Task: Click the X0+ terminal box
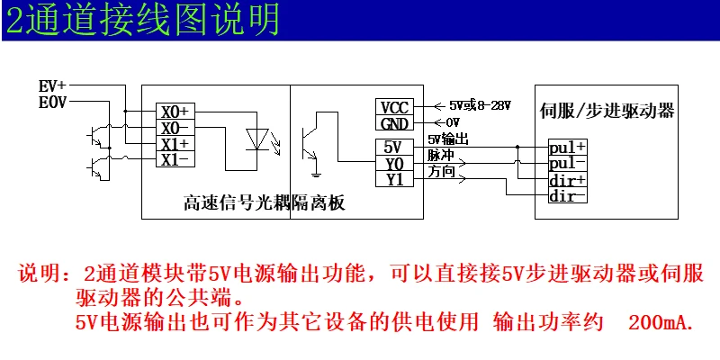(x=175, y=112)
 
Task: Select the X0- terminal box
(x=175, y=129)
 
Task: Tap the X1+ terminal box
(x=175, y=145)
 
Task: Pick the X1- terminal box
(x=175, y=160)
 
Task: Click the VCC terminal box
(x=394, y=108)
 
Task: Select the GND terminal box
(x=394, y=123)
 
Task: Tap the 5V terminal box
(x=394, y=148)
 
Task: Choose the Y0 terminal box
(x=394, y=164)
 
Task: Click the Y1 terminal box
(x=394, y=179)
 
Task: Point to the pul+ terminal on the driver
(x=567, y=147)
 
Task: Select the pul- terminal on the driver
(x=567, y=163)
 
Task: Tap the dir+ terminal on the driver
(x=567, y=180)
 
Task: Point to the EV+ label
(x=52, y=87)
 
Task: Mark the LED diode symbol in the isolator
(x=257, y=139)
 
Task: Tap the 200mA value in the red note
(x=661, y=322)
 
